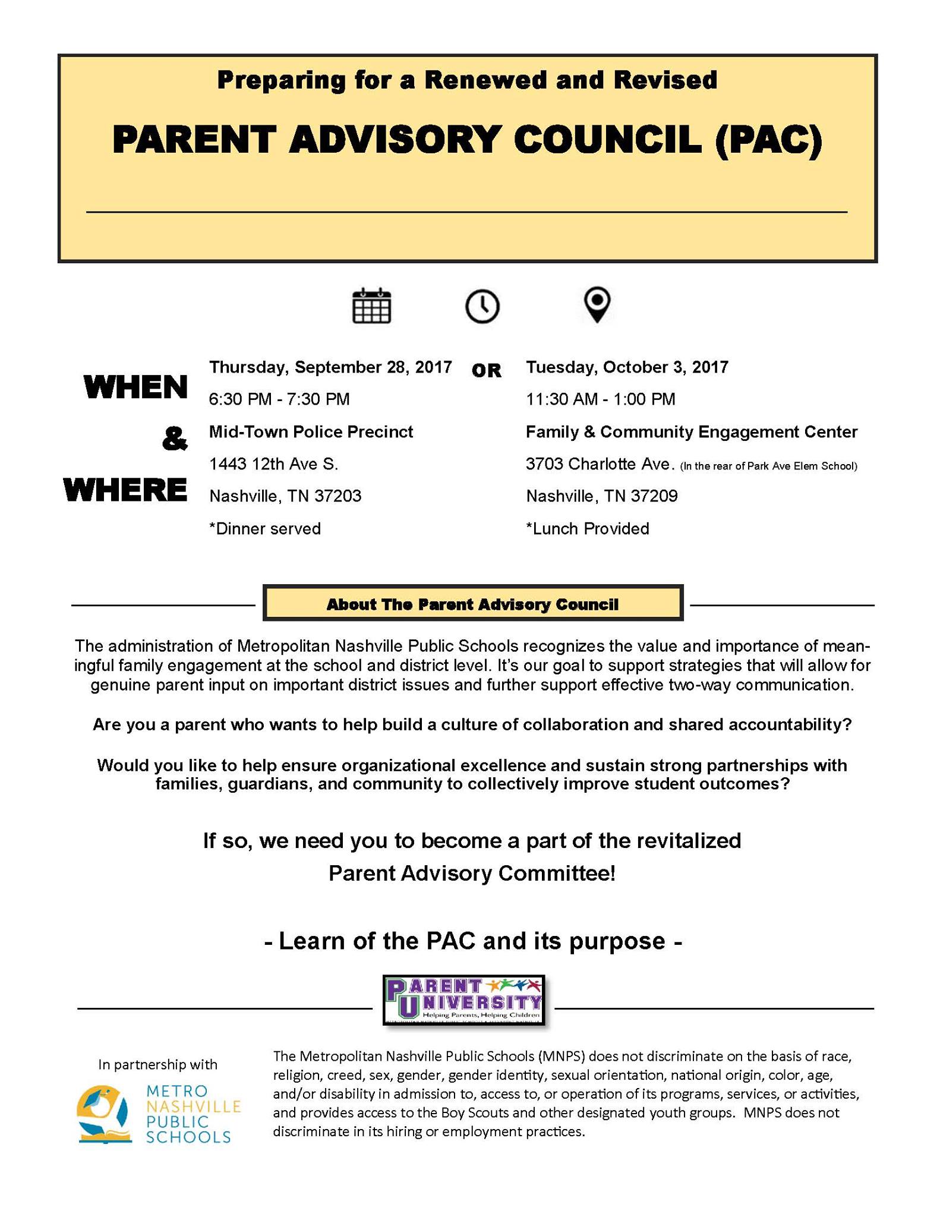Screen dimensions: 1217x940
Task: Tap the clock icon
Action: click(x=482, y=306)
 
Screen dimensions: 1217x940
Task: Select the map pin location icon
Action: click(x=597, y=304)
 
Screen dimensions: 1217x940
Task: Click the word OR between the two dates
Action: click(x=486, y=371)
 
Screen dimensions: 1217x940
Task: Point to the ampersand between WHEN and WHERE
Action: click(x=174, y=439)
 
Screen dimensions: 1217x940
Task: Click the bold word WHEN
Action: click(x=135, y=387)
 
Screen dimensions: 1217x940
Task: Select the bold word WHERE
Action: click(x=125, y=490)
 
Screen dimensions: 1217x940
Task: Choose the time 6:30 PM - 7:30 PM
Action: click(x=279, y=399)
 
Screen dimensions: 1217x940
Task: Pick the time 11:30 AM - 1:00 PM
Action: click(x=600, y=399)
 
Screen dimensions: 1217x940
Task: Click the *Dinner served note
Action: click(x=264, y=529)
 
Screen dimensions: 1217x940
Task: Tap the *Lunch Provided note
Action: click(x=587, y=529)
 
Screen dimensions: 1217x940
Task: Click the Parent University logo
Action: click(x=463, y=1000)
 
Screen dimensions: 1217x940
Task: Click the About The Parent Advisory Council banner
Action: click(x=472, y=604)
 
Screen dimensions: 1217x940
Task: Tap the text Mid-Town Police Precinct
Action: click(x=311, y=432)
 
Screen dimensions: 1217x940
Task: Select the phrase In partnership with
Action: click(x=157, y=1064)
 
